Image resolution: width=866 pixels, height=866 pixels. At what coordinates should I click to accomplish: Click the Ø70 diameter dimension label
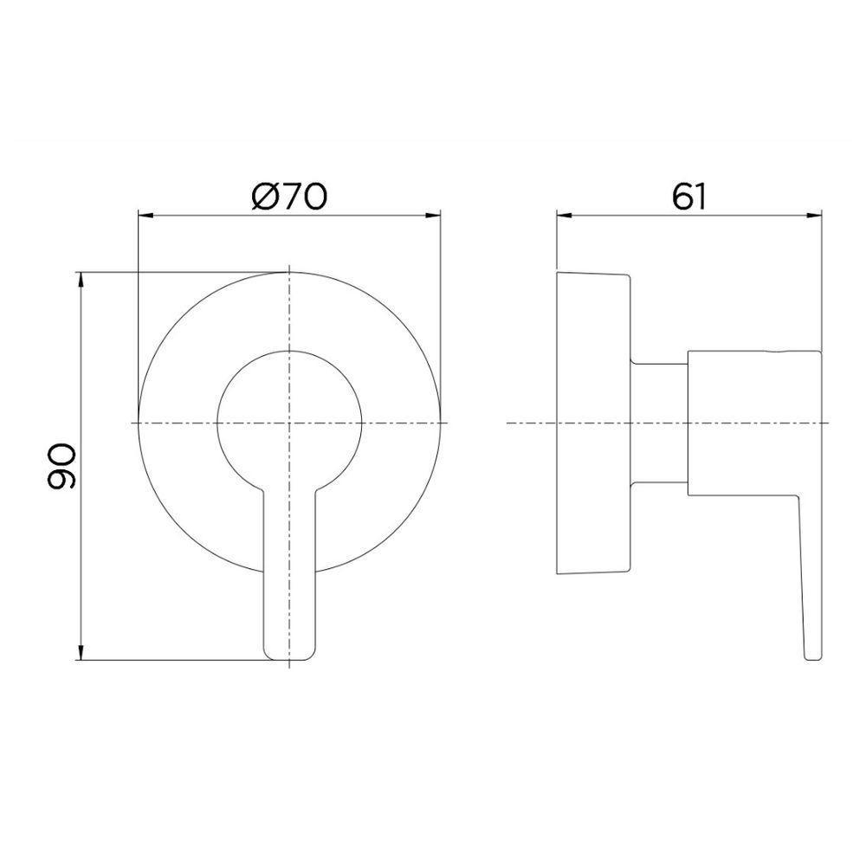coord(289,197)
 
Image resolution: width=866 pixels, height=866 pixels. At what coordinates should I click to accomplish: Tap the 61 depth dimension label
coord(689,197)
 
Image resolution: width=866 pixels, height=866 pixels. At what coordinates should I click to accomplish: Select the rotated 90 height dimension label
coord(62,469)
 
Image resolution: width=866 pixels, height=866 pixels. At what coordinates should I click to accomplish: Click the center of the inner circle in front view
coord(289,422)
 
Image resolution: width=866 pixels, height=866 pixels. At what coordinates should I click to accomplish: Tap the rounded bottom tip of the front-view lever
coord(289,656)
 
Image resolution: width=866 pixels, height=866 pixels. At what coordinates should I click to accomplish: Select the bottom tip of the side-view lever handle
coord(811,656)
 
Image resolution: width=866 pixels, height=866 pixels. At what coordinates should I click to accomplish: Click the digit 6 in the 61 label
coord(680,197)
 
